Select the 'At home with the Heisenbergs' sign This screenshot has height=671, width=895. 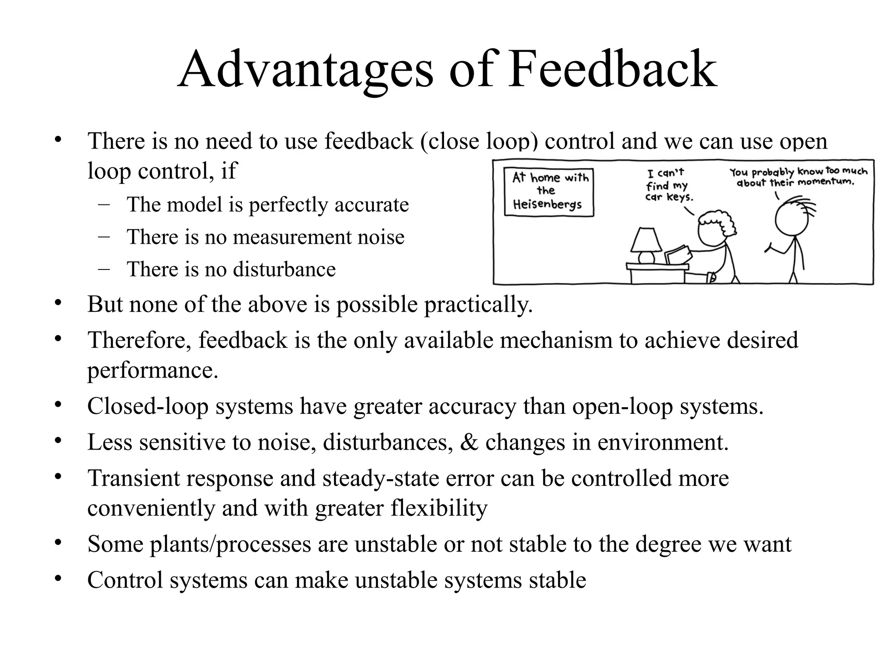(x=549, y=192)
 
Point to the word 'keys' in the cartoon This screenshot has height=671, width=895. (x=680, y=197)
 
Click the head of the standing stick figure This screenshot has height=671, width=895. (x=791, y=219)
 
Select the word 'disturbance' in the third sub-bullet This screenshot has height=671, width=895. (x=284, y=270)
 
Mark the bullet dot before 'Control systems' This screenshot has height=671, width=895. (x=57, y=579)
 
